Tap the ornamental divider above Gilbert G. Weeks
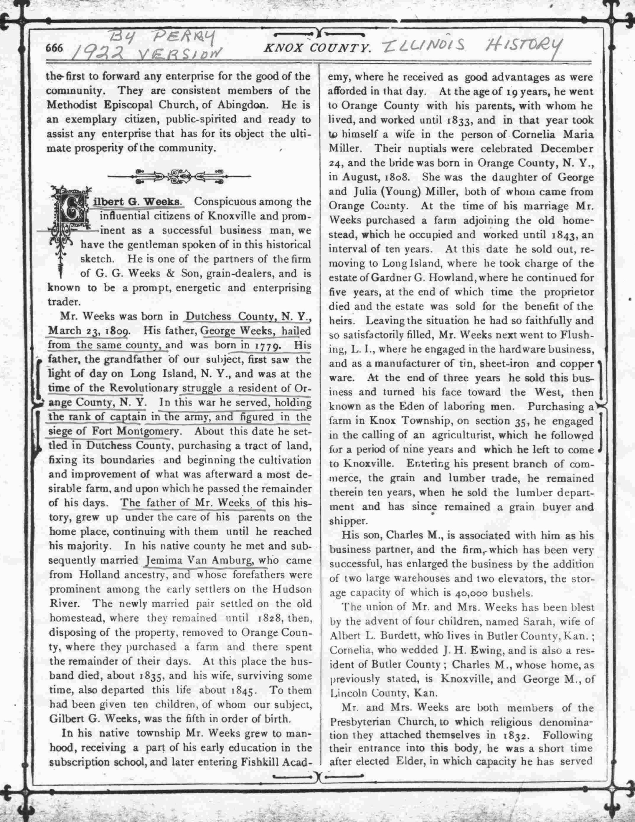point(179,176)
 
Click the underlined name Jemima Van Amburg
point(205,561)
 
